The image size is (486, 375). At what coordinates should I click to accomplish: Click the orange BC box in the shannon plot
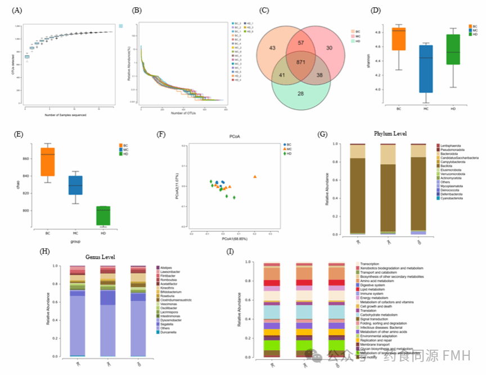click(399, 39)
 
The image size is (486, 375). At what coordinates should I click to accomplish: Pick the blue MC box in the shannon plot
click(426, 68)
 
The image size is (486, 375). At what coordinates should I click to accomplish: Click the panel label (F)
click(162, 134)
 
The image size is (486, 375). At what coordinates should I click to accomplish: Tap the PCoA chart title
click(235, 137)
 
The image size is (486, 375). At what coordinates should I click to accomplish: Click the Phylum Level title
click(390, 133)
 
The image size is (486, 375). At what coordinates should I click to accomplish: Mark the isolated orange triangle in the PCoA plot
click(255, 177)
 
